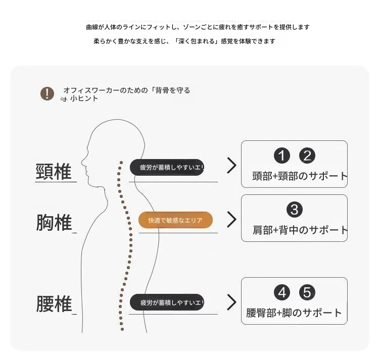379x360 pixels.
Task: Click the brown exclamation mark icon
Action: pyautogui.click(x=47, y=93)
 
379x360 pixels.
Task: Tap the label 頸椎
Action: pyautogui.click(x=54, y=172)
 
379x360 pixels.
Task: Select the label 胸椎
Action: pyautogui.click(x=54, y=222)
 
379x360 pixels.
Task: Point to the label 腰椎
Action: pyautogui.click(x=54, y=304)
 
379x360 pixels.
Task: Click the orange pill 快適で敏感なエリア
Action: pyautogui.click(x=175, y=220)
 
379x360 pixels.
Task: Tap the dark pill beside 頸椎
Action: pyautogui.click(x=167, y=167)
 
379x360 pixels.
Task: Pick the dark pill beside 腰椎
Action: pyautogui.click(x=167, y=302)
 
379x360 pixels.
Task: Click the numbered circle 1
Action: pyautogui.click(x=282, y=156)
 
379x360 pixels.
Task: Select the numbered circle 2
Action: pyautogui.click(x=307, y=156)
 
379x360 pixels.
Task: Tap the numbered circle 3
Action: pyautogui.click(x=295, y=210)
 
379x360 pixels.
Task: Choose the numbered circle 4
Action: pyautogui.click(x=282, y=293)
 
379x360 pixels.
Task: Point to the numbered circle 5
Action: pyautogui.click(x=307, y=293)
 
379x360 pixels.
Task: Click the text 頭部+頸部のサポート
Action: pyautogui.click(x=300, y=176)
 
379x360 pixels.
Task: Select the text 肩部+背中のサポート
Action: pyautogui.click(x=300, y=230)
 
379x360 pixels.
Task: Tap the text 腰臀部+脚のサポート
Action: pyautogui.click(x=294, y=313)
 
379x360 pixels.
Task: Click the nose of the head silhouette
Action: pyautogui.click(x=82, y=161)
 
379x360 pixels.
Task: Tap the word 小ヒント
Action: pyautogui.click(x=84, y=98)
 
